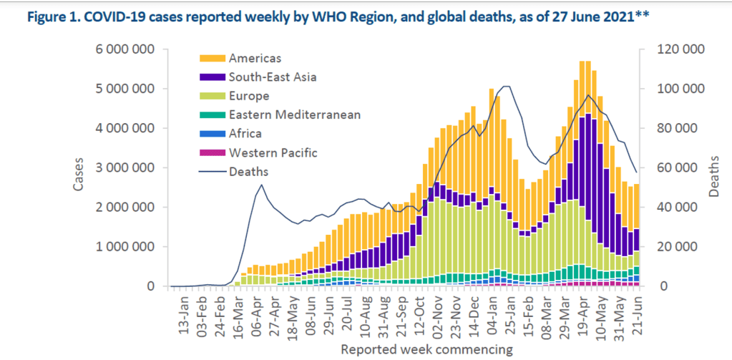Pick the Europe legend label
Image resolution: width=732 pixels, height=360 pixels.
[249, 96]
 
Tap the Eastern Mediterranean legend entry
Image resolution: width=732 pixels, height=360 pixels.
[294, 115]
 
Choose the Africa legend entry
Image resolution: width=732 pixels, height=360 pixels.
[245, 133]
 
